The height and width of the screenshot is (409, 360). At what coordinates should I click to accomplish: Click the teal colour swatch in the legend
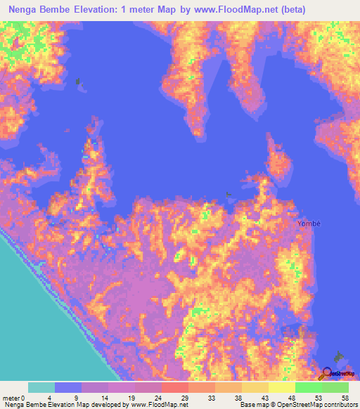[x=41, y=387]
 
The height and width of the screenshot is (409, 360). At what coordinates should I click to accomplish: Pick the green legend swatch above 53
[x=308, y=387]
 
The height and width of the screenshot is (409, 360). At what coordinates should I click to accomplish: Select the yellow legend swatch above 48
[x=281, y=387]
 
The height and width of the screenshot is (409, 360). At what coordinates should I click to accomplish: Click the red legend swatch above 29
[x=174, y=387]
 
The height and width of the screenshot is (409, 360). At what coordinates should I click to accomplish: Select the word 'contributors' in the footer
[x=335, y=405]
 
